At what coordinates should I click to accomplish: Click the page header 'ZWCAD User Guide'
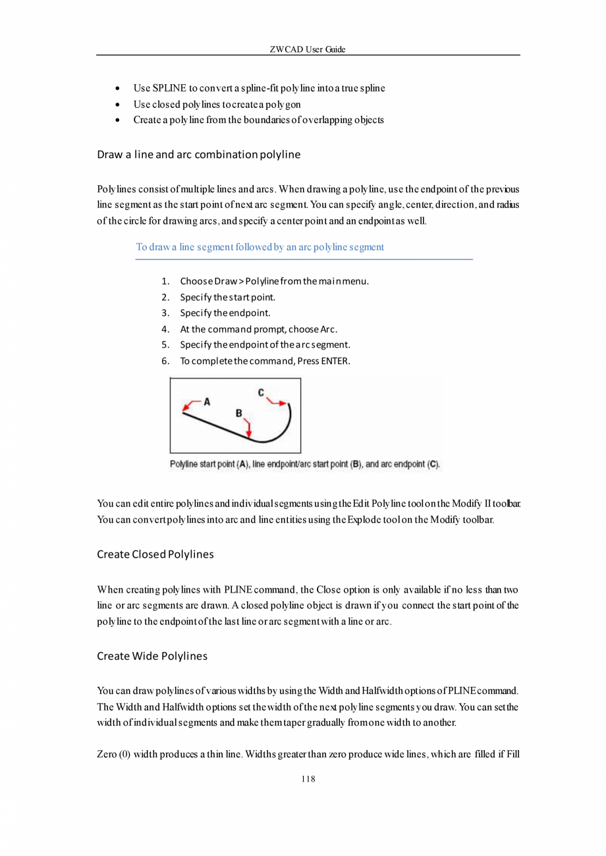(x=308, y=50)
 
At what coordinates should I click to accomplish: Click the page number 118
(x=308, y=780)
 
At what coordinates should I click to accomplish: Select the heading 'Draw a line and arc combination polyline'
(x=198, y=155)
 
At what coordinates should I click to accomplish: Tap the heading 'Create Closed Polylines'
(x=155, y=554)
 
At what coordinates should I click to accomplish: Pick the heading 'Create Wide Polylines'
(x=151, y=656)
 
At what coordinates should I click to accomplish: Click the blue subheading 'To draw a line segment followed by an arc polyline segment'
(x=260, y=248)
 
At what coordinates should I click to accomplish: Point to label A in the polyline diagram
(x=206, y=400)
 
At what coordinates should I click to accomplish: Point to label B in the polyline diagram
(x=239, y=413)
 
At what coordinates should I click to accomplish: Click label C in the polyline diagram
(x=261, y=392)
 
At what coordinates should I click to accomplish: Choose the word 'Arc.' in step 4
(x=329, y=329)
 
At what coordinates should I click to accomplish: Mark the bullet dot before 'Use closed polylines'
(x=117, y=105)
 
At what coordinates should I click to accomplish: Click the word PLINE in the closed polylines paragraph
(x=236, y=589)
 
